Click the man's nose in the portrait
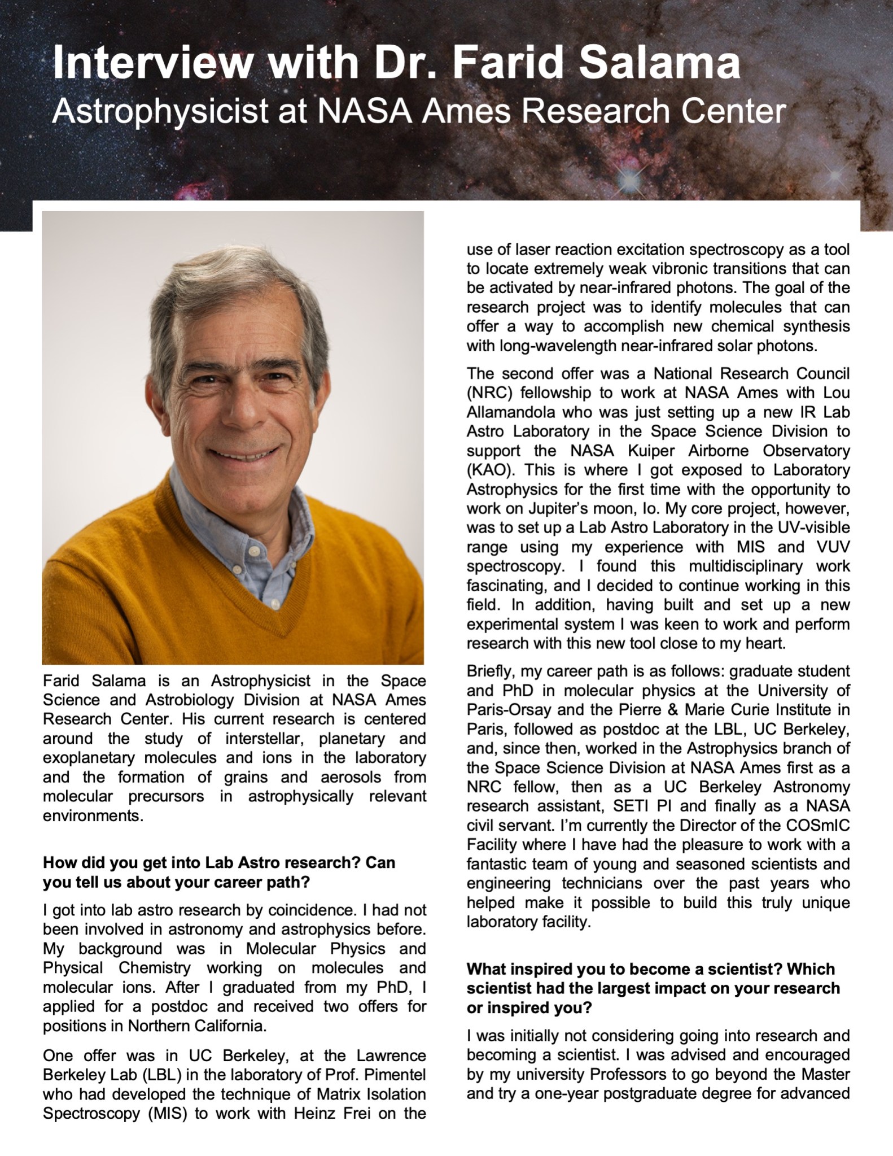point(240,413)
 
